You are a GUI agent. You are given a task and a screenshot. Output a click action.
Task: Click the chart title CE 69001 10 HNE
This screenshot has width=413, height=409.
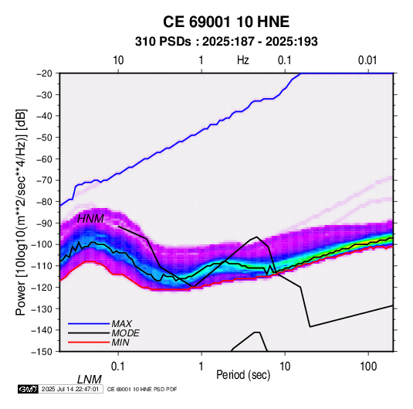point(226,22)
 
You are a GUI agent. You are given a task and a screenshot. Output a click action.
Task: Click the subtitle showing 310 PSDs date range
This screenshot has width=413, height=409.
point(226,42)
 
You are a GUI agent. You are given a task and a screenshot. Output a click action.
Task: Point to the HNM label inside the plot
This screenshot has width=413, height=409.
point(90,219)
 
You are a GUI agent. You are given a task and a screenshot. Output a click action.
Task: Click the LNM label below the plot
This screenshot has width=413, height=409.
point(90,380)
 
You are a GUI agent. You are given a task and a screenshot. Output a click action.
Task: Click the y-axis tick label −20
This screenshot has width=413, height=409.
point(44,73)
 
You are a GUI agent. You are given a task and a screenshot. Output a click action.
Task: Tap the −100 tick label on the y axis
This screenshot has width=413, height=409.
point(42,244)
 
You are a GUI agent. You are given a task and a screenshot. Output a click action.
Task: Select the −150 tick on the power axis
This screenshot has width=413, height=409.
point(42,352)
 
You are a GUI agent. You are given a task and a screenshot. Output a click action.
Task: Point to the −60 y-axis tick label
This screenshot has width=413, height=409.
point(44,158)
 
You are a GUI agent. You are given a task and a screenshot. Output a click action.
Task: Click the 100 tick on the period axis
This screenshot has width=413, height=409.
point(368,366)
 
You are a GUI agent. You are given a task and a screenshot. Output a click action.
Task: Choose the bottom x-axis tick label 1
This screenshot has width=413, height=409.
point(201,366)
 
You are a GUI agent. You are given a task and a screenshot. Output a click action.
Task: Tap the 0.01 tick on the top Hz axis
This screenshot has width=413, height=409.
point(367,60)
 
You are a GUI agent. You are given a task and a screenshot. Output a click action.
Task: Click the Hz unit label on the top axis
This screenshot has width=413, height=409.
point(243,60)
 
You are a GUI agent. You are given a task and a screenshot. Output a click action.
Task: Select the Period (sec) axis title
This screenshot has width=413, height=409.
point(243,375)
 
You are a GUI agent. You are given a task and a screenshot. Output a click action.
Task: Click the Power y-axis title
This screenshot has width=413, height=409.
point(21,212)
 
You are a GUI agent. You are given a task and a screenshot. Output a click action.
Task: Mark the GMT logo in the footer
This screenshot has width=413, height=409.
point(28,389)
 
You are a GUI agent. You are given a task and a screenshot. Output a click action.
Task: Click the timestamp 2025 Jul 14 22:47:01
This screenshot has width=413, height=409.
point(70,389)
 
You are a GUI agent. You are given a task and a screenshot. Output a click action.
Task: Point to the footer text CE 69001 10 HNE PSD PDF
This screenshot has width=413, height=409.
point(142,389)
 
